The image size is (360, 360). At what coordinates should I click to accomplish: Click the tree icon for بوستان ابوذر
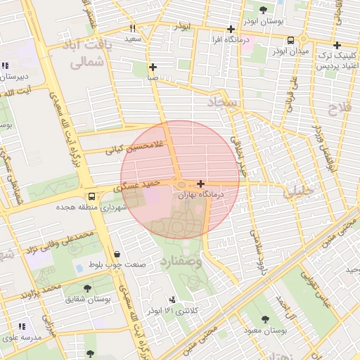[x=263, y=10]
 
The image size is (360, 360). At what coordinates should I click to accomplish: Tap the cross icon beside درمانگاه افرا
[x=231, y=30]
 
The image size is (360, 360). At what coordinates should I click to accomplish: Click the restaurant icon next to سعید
[x=132, y=29]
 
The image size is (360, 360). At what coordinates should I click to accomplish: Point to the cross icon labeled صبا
[x=153, y=67]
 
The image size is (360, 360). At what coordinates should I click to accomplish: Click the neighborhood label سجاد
[x=224, y=103]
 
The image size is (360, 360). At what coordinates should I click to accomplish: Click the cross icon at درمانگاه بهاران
[x=201, y=184]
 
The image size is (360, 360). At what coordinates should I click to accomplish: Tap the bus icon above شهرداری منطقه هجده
[x=91, y=196]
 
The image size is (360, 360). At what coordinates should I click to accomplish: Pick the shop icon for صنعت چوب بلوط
[x=116, y=254]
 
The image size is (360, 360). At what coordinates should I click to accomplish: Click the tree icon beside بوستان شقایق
[x=87, y=288]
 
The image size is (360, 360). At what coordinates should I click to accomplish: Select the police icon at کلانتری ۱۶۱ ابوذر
[x=173, y=300]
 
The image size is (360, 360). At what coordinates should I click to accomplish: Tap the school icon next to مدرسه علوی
[x=21, y=326]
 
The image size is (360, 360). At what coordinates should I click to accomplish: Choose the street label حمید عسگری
[x=142, y=185]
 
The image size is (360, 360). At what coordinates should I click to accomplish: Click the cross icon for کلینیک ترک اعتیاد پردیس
[x=337, y=45]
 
